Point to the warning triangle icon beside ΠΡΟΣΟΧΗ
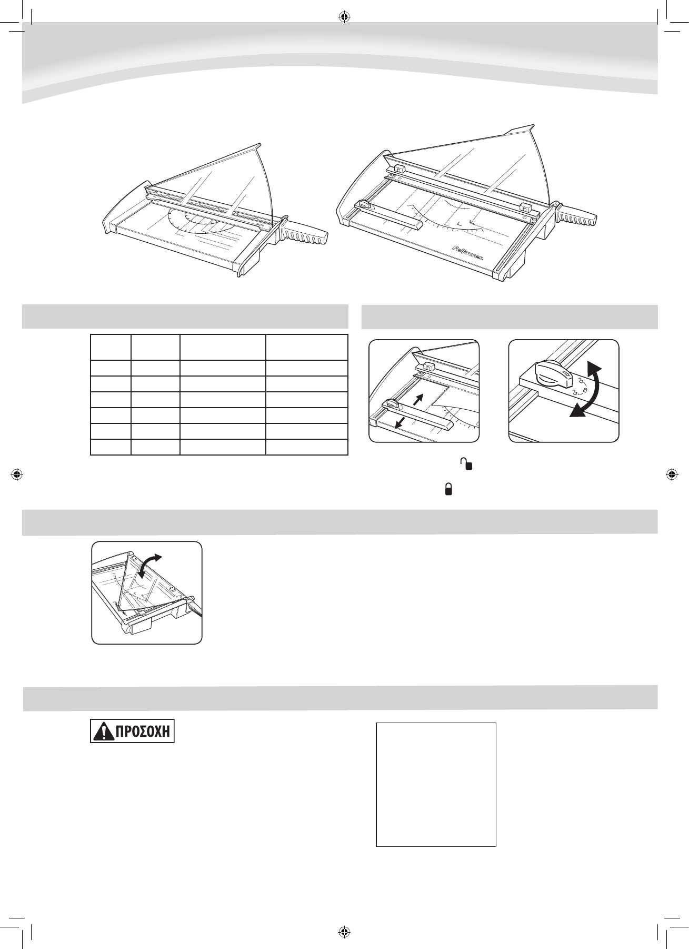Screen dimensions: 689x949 click(x=100, y=733)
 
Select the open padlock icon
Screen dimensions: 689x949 click(x=466, y=463)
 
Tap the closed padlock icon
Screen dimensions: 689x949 click(x=448, y=490)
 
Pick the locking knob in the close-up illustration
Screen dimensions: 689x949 click(x=551, y=373)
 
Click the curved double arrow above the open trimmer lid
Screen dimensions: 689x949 click(x=150, y=564)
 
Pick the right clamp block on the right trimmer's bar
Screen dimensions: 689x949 click(x=524, y=207)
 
